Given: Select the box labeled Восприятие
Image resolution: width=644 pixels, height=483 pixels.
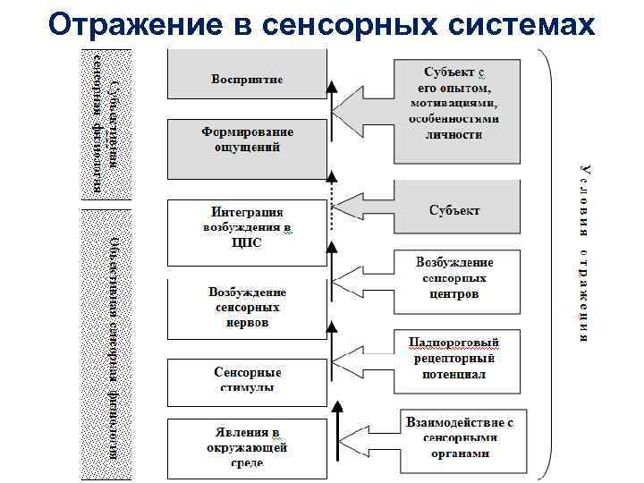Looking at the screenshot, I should pos(247,79).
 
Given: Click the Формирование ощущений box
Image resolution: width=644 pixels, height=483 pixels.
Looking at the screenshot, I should pos(247,139).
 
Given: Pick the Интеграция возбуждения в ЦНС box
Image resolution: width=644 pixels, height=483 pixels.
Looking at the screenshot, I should pos(247,228).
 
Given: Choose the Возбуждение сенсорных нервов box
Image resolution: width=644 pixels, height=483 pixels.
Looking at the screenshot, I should pos(247,307).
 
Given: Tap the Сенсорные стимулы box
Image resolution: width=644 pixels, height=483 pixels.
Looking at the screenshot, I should pos(247,379).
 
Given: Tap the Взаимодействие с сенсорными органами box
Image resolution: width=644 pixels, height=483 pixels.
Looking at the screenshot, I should pos(459,437).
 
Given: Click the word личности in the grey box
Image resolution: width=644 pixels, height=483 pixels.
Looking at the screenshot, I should pos(455,134).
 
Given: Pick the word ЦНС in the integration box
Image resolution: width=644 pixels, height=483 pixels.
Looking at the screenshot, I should pos(247,243).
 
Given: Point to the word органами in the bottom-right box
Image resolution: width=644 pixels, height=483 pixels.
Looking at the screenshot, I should pos(459,453).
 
